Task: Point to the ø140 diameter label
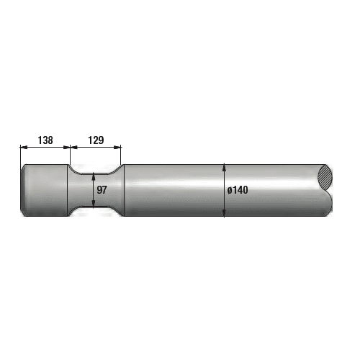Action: point(237,190)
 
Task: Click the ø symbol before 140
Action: point(229,190)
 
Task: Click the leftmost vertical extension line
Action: point(20,155)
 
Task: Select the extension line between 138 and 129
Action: point(70,155)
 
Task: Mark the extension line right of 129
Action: point(121,155)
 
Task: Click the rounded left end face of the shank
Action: point(23,190)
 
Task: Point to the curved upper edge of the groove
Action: point(94,172)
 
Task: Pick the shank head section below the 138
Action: point(45,190)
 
